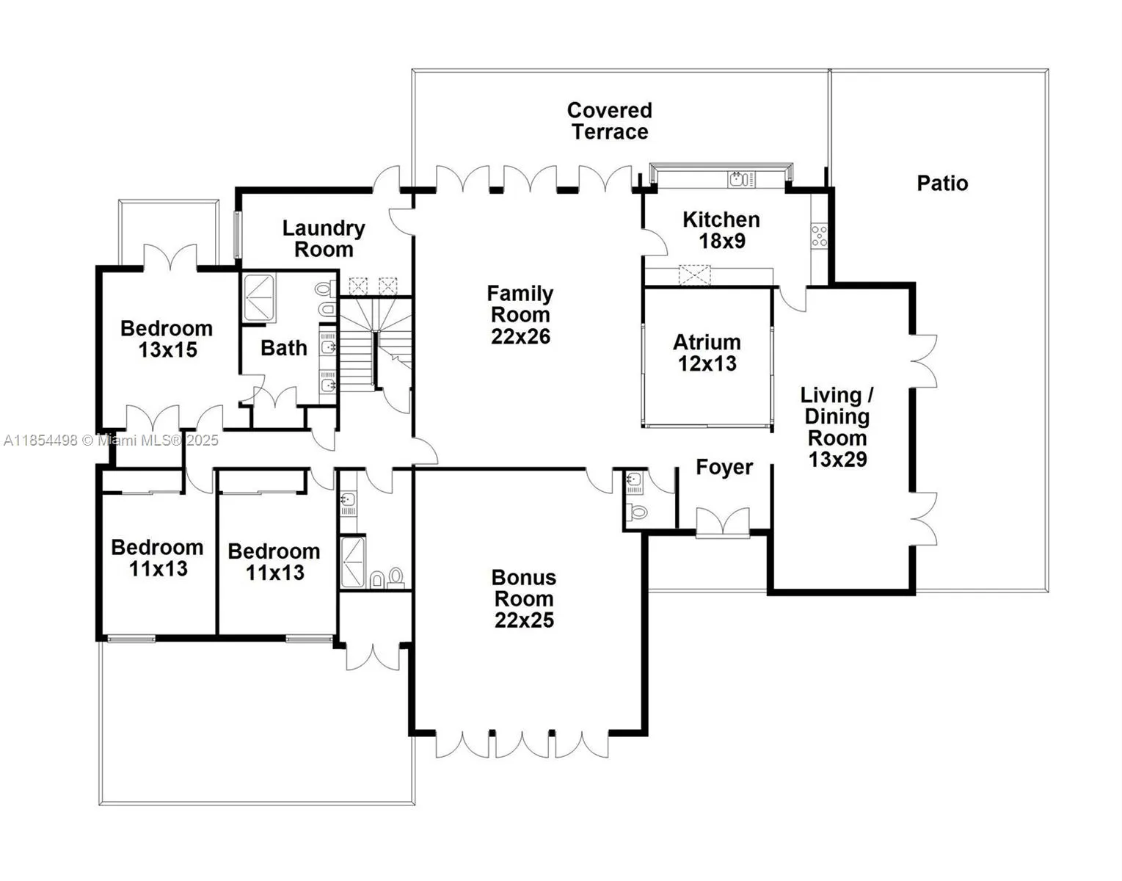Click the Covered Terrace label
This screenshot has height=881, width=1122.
608,121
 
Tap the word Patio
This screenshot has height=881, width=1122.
942,183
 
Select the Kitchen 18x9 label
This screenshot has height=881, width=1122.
721,230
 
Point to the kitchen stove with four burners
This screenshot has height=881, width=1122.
819,236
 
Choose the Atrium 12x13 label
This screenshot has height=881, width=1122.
707,352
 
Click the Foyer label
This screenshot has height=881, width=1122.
724,467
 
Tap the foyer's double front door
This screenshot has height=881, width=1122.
723,522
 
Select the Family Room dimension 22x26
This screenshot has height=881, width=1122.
520,336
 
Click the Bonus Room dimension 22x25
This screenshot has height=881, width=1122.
524,620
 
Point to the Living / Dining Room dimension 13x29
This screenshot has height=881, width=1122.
837,460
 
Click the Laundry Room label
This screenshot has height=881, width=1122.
324,239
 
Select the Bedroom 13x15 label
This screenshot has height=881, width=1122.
167,338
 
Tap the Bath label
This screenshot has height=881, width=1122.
283,347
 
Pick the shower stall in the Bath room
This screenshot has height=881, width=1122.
258,297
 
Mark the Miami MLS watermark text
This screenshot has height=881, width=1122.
110,440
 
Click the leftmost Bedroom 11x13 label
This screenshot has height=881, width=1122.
158,557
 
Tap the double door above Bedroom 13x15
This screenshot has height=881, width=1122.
170,257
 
